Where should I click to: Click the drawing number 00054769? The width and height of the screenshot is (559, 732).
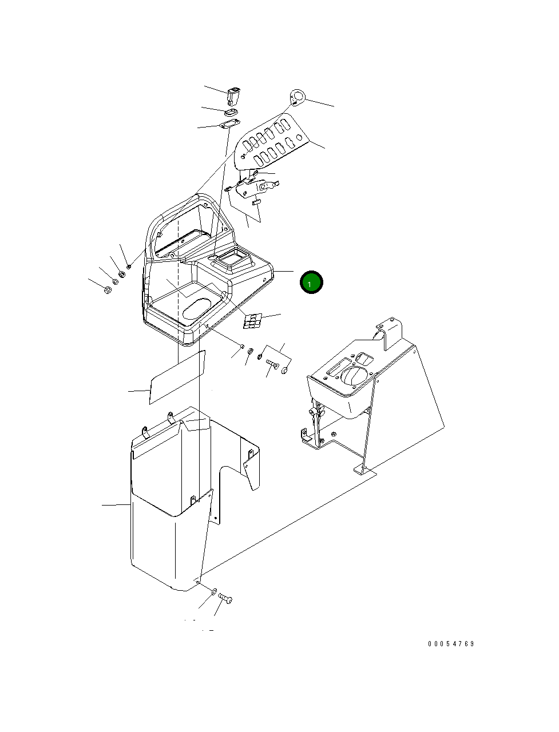click(451, 644)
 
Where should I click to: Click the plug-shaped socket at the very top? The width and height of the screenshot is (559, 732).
click(233, 95)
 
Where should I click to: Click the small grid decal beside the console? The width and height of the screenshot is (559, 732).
click(251, 321)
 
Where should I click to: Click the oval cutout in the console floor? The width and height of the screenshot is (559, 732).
click(196, 308)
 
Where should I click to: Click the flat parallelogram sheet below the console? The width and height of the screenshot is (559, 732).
click(176, 377)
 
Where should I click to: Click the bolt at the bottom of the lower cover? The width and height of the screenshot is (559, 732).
click(225, 599)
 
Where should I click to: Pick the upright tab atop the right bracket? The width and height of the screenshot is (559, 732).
click(390, 332)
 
